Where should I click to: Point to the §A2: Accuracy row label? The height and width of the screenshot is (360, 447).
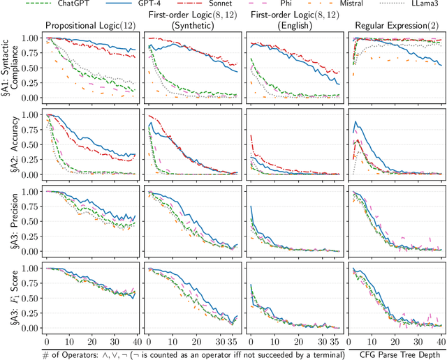[x=9, y=144]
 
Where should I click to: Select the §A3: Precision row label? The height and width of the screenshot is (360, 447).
[x=9, y=220]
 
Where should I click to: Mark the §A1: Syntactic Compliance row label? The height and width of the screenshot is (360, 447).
[x=9, y=68]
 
